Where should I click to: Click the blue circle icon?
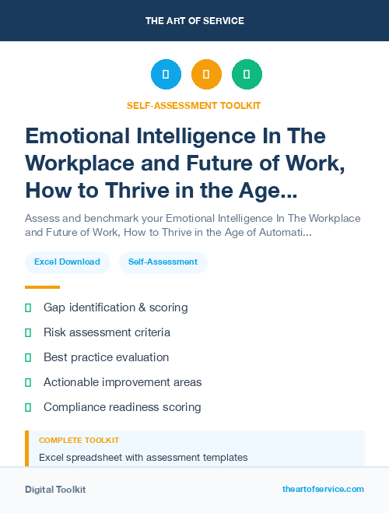tap(166, 75)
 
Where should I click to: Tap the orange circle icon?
tap(206, 75)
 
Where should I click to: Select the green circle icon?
tap(247, 75)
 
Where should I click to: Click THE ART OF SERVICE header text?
tap(194, 21)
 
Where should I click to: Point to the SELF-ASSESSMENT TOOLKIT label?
tap(194, 105)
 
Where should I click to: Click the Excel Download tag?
tap(67, 262)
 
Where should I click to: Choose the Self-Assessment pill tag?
tap(163, 262)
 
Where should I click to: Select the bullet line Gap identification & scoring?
tap(115, 307)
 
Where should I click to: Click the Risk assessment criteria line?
tap(107, 332)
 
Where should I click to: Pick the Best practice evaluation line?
tap(106, 357)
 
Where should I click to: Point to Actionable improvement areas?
tap(122, 382)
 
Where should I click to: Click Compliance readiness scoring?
tap(122, 407)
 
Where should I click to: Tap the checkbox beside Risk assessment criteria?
tap(28, 332)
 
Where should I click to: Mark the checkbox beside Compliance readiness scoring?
tap(28, 407)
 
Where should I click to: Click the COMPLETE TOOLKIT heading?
tap(79, 441)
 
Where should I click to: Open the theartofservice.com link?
tap(323, 489)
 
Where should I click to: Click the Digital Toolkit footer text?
tap(55, 490)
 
